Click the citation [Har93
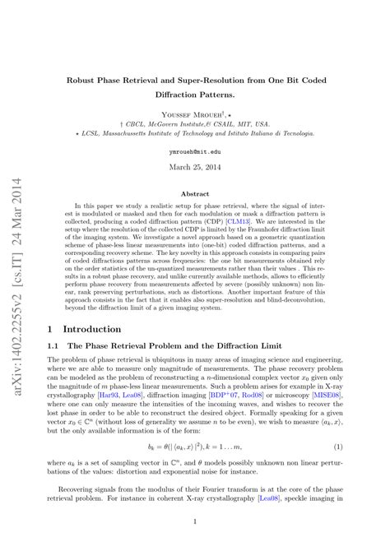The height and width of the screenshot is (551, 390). (x=104, y=394)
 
